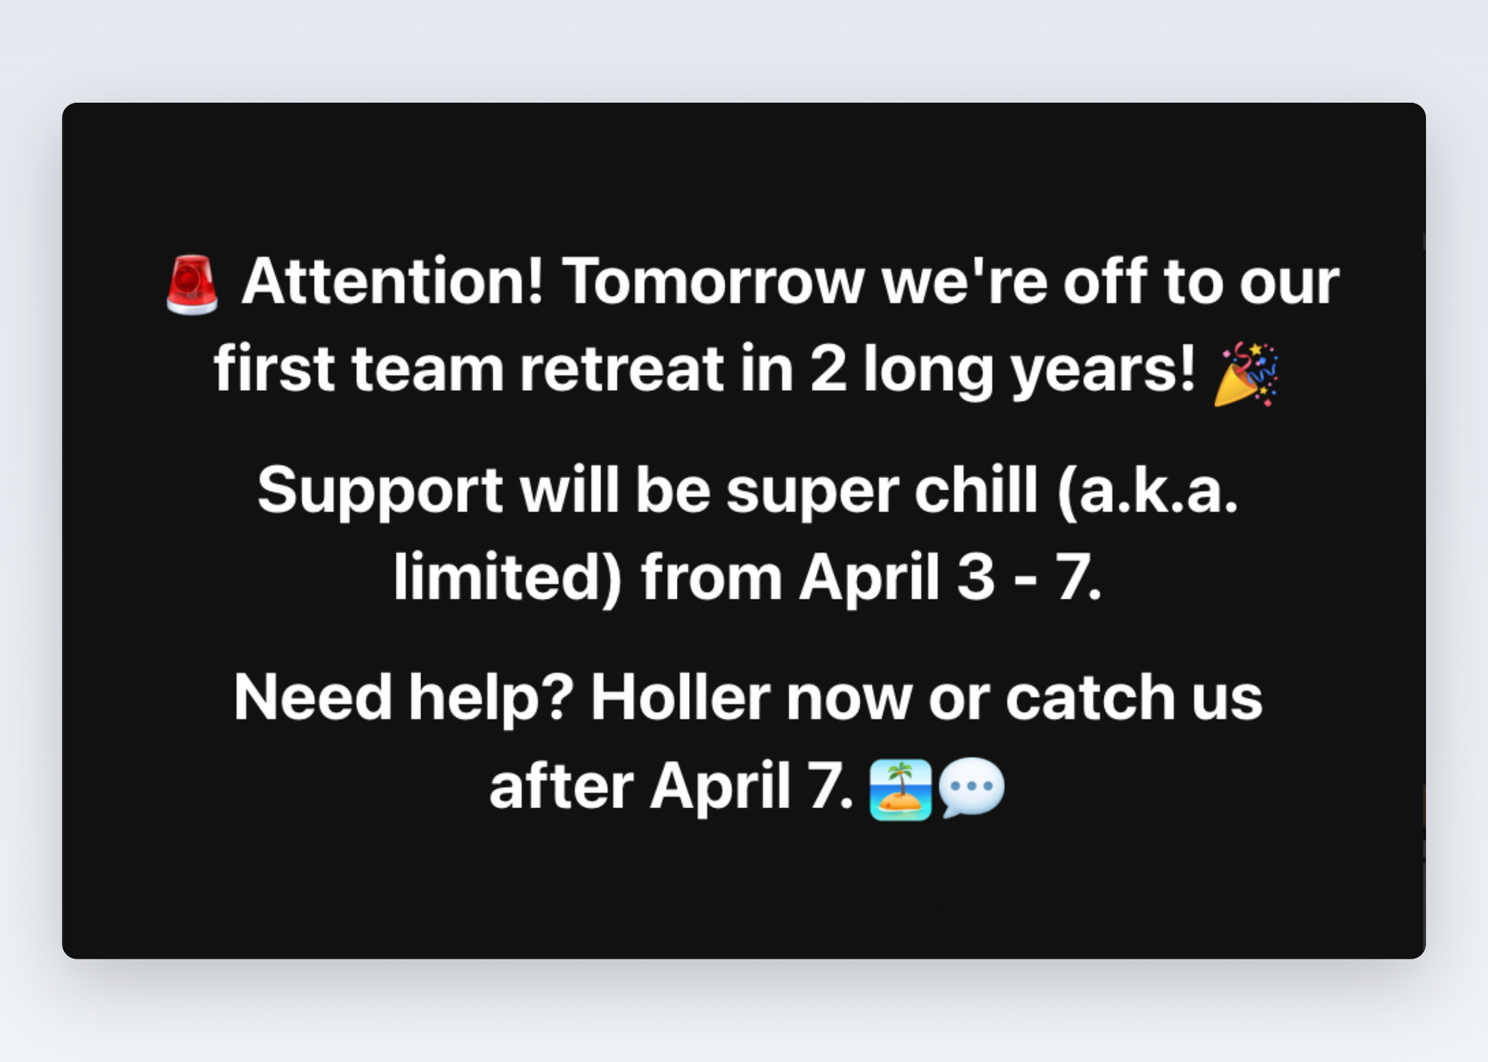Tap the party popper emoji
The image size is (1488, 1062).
click(x=1246, y=374)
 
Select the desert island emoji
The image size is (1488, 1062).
click(x=900, y=790)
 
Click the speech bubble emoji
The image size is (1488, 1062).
click(x=972, y=788)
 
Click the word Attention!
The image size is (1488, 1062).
click(x=393, y=281)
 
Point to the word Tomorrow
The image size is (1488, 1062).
click(x=713, y=281)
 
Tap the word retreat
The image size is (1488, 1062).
click(x=621, y=368)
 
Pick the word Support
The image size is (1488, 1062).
click(x=380, y=490)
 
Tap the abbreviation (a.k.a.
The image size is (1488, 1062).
click(x=1147, y=490)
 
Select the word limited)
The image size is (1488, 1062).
click(x=507, y=578)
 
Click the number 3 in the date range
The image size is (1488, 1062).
click(x=975, y=576)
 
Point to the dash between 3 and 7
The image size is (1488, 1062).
click(x=1026, y=580)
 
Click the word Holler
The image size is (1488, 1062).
click(x=680, y=697)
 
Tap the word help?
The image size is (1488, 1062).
click(x=491, y=700)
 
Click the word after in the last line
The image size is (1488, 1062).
click(x=561, y=785)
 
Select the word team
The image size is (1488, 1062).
click(x=428, y=368)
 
